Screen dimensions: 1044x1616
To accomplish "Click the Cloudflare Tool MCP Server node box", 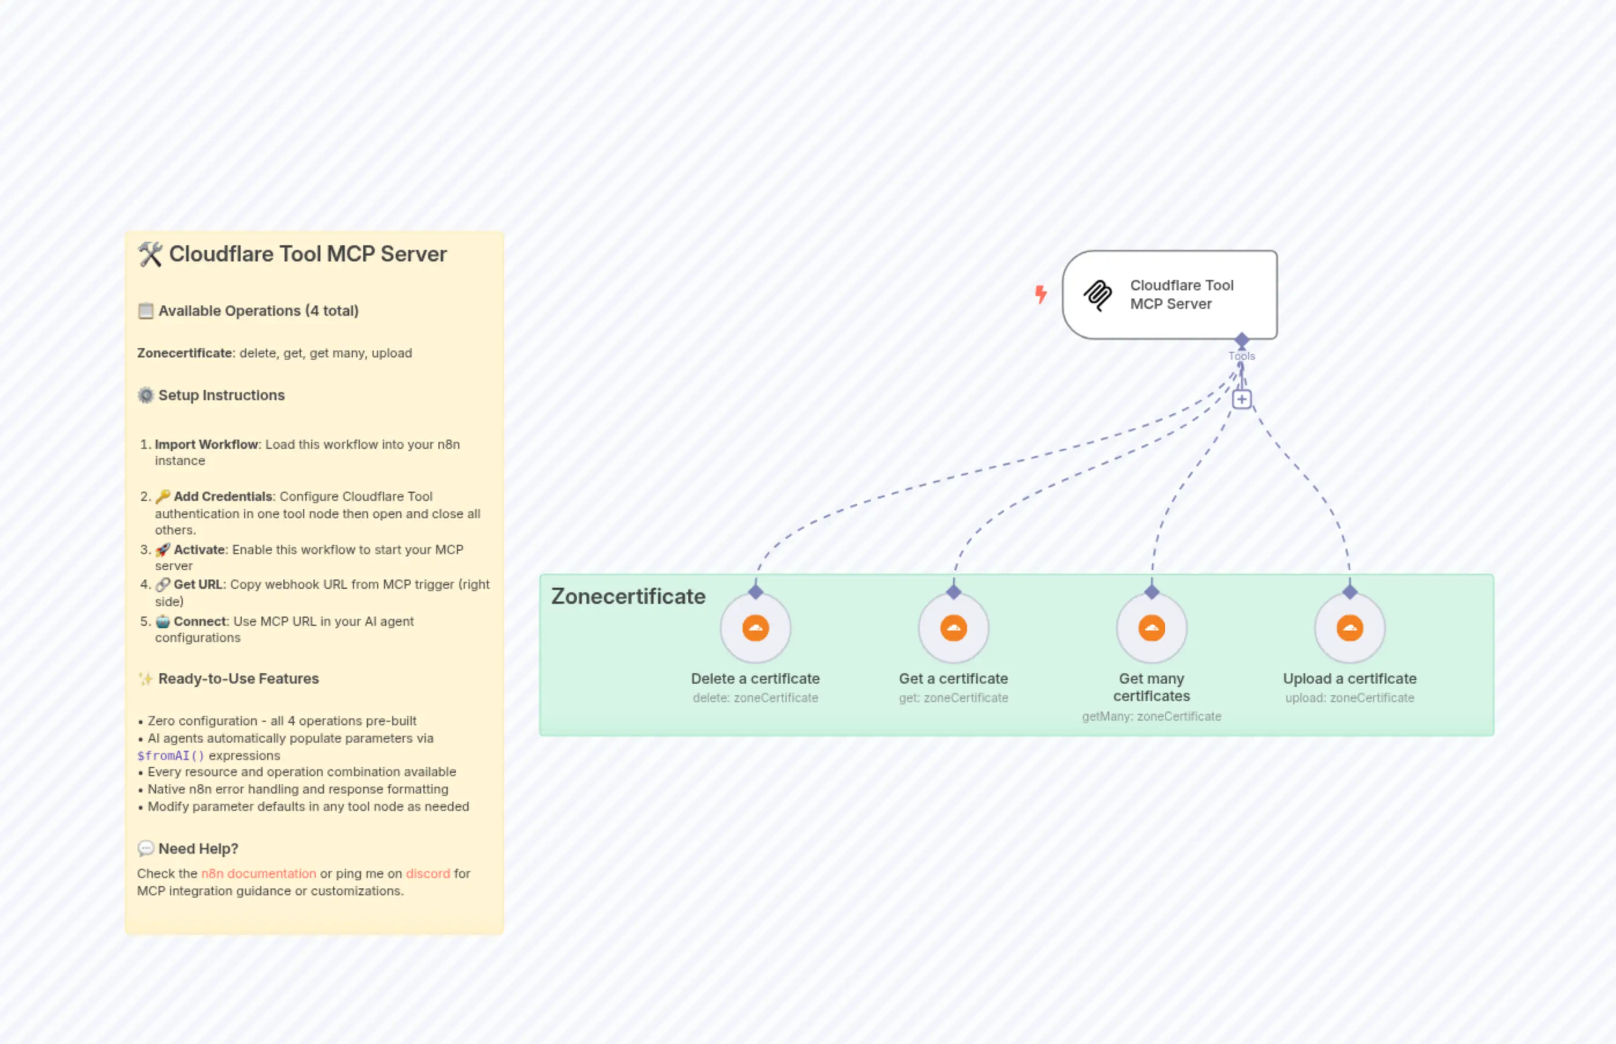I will tap(1169, 294).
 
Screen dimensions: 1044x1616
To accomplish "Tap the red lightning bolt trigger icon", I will tap(1041, 294).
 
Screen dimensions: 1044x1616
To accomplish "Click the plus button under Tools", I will tap(1241, 399).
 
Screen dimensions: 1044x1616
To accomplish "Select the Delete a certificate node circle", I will tap(755, 628).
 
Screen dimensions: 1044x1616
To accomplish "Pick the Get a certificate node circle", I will tap(953, 628).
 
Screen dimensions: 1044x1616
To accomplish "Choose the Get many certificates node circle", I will tap(1151, 628).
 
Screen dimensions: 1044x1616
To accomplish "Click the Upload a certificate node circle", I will tap(1349, 628).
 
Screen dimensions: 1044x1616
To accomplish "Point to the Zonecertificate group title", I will tap(628, 596).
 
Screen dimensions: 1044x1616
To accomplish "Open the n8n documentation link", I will tap(259, 873).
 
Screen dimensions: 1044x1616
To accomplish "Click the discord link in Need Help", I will tap(428, 873).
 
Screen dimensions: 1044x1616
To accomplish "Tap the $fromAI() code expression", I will tap(170, 755).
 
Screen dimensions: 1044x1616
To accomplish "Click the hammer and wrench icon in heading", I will tap(150, 254).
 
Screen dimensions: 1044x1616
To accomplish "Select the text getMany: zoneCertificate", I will tap(1151, 716).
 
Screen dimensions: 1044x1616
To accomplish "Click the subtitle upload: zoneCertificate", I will tap(1349, 698).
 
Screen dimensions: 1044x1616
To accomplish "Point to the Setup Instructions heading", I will tap(221, 395).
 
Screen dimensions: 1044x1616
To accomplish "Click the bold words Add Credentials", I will tap(222, 496).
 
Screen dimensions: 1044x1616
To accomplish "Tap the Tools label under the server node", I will tap(1241, 356).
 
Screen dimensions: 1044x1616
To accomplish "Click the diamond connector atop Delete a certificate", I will tap(755, 592).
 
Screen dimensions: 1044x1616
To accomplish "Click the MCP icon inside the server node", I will tap(1097, 295).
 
